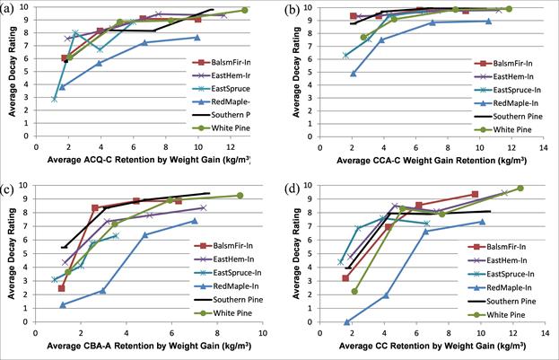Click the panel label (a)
click(13, 10)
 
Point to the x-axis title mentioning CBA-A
click(141, 344)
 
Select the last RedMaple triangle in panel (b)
click(488, 21)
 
